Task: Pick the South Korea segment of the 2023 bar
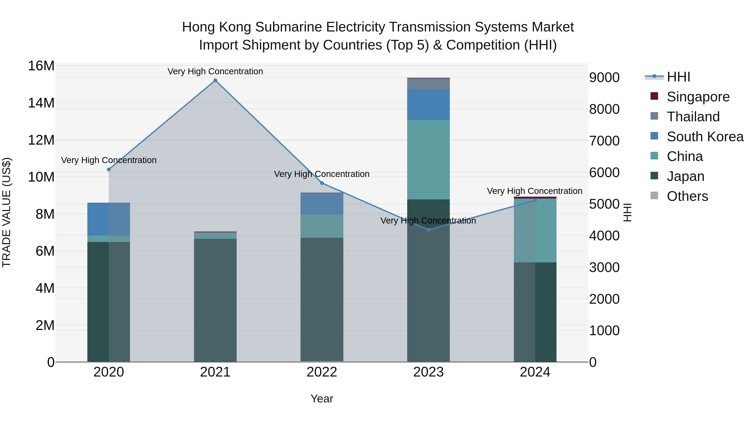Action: click(428, 105)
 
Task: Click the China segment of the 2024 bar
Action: click(535, 230)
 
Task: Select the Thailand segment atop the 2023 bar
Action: click(428, 84)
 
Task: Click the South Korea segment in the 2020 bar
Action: click(109, 219)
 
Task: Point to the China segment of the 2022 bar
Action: click(322, 226)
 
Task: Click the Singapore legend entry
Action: click(698, 97)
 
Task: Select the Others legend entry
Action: click(687, 196)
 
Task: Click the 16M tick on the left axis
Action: click(41, 66)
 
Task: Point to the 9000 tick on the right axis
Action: click(604, 77)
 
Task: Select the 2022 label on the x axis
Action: click(322, 372)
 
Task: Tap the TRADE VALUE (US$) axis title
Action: click(7, 212)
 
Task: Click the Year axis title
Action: click(322, 399)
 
